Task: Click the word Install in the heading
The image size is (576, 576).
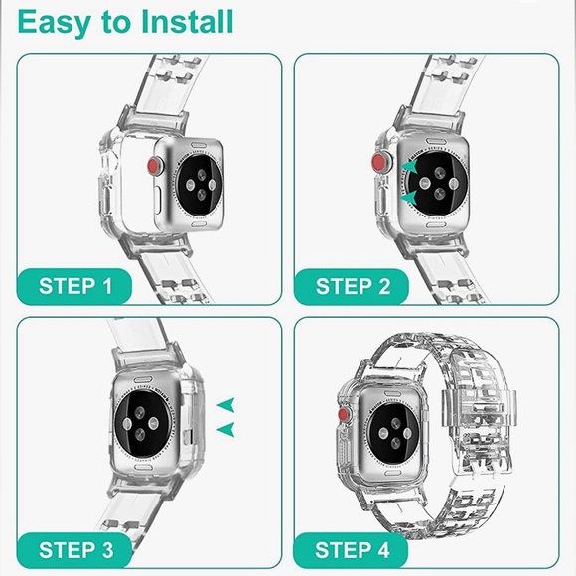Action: point(188,22)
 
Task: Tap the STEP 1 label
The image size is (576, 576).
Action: point(75,287)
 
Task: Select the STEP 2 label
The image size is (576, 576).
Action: point(353,287)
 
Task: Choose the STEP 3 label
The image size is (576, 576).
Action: point(76,550)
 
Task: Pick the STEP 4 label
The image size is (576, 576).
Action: point(352,550)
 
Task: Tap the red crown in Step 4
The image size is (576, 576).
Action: point(344,414)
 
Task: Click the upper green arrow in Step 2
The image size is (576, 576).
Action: point(409,166)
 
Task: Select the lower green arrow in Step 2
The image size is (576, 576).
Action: point(408,198)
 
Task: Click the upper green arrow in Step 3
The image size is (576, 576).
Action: point(225,404)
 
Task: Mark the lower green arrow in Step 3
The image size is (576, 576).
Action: point(225,429)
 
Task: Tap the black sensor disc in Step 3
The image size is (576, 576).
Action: point(142,423)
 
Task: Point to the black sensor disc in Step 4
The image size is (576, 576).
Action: point(394,433)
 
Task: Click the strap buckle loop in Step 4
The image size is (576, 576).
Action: point(480,408)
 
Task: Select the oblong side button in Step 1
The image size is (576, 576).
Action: point(158,201)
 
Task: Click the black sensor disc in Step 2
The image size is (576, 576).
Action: point(439,183)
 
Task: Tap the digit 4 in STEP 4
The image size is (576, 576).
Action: point(383,550)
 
